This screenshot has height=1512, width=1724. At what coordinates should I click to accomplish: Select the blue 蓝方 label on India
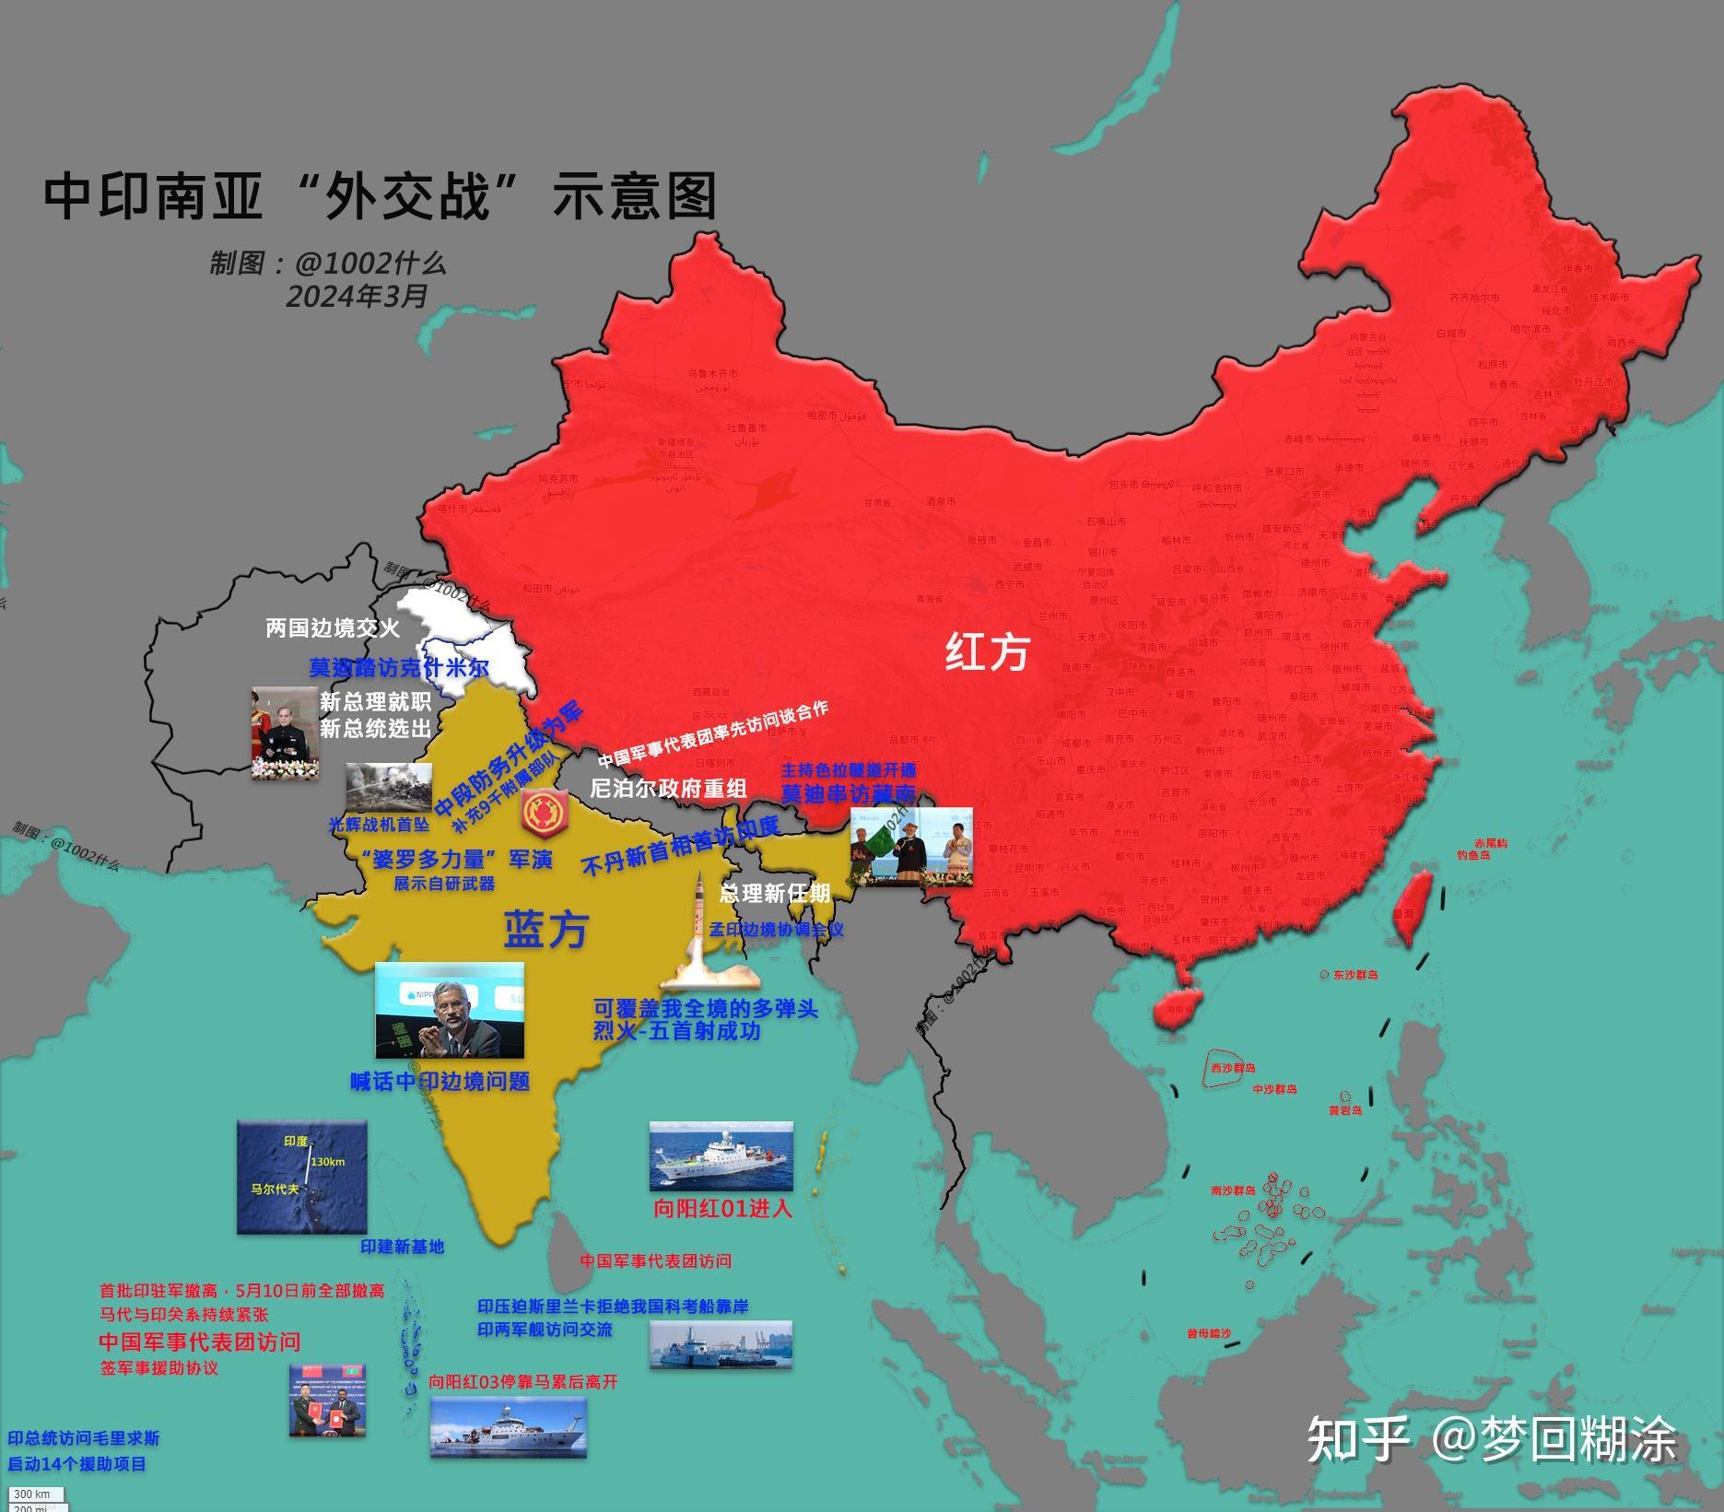(545, 931)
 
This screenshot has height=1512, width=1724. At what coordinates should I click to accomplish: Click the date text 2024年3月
(357, 297)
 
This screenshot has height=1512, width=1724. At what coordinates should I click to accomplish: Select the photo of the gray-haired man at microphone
(450, 1011)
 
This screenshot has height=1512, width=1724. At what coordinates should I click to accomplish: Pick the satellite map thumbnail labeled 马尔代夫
(301, 1177)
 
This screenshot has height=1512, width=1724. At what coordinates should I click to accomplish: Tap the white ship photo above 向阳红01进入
(721, 1156)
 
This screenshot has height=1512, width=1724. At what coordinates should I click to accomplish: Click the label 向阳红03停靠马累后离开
(523, 1382)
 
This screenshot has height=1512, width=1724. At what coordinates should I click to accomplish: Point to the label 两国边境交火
(333, 628)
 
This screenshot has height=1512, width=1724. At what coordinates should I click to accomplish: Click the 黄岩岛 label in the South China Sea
(1344, 1110)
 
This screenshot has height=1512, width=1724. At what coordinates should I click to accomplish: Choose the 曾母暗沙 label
(1208, 1332)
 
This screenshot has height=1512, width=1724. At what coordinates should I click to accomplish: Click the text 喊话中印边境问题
(440, 1081)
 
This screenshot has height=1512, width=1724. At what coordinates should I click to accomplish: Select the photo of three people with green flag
(910, 848)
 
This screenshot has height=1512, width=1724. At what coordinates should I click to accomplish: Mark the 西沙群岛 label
(1233, 1067)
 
